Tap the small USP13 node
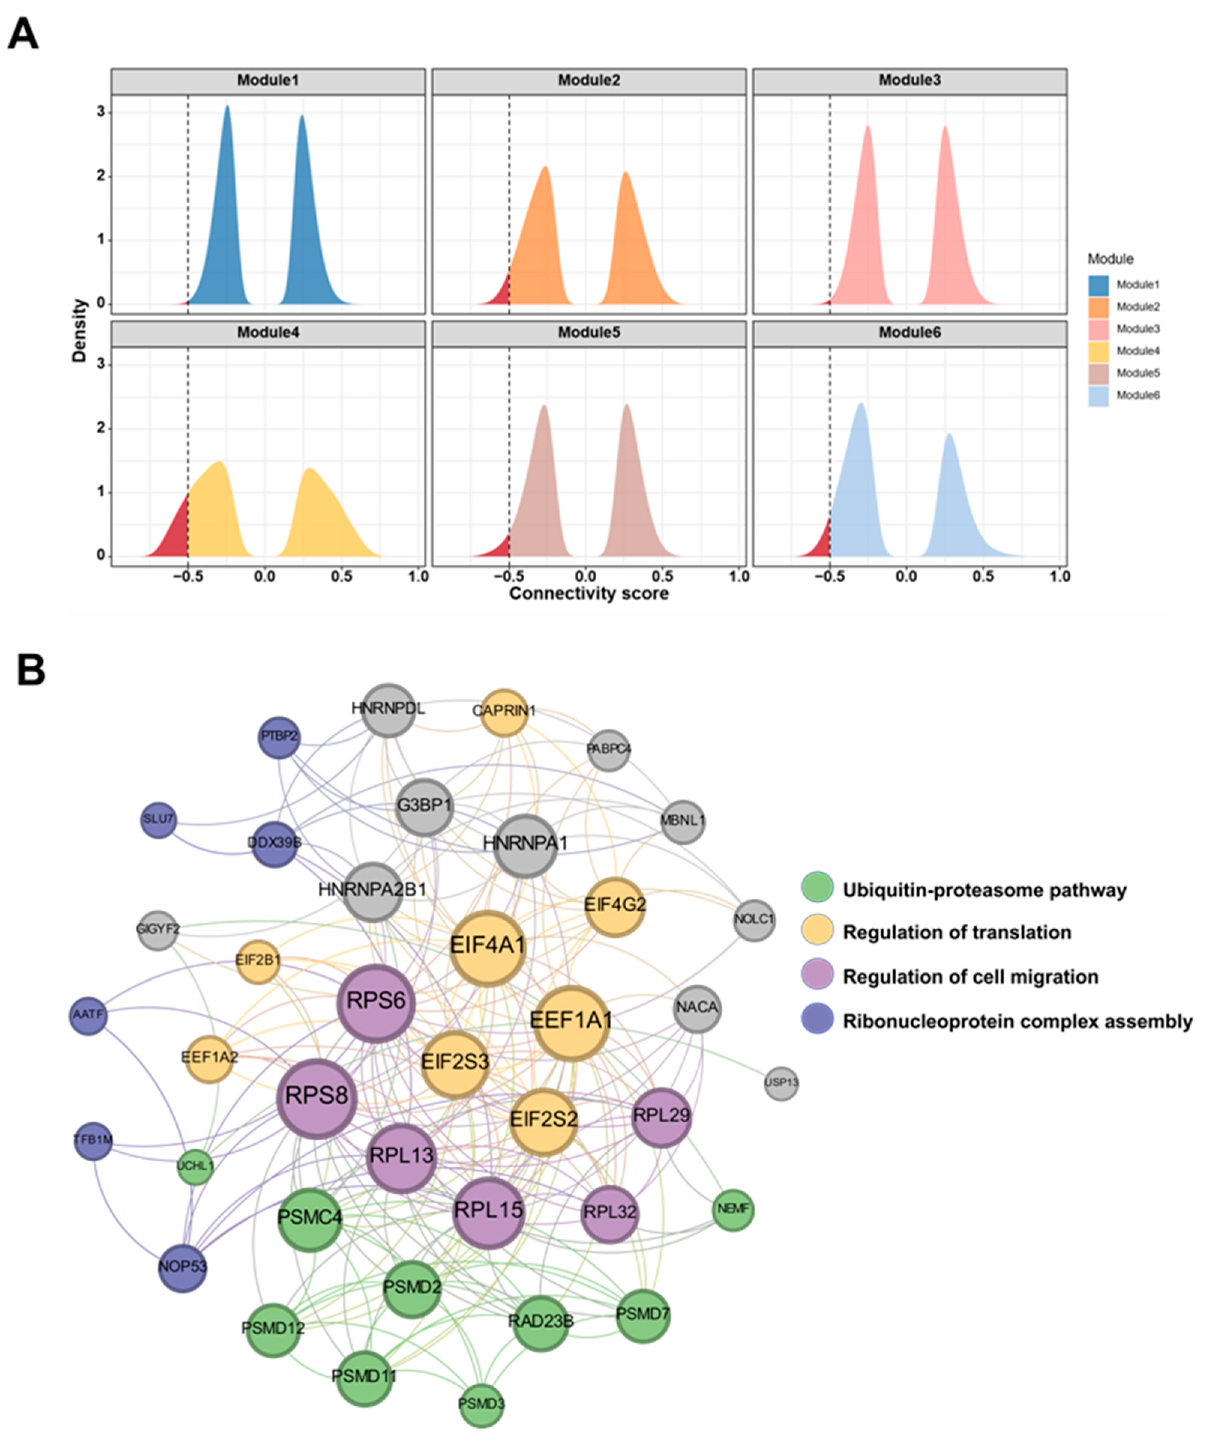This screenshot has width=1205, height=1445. point(781,1083)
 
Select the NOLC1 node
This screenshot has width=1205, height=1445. point(755,920)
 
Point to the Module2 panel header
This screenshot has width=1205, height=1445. point(589,81)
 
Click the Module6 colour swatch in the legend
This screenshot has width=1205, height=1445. point(1098,395)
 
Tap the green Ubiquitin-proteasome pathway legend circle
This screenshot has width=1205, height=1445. point(817,888)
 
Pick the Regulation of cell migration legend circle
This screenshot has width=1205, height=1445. point(817,976)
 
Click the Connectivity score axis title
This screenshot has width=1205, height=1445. point(589,593)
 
